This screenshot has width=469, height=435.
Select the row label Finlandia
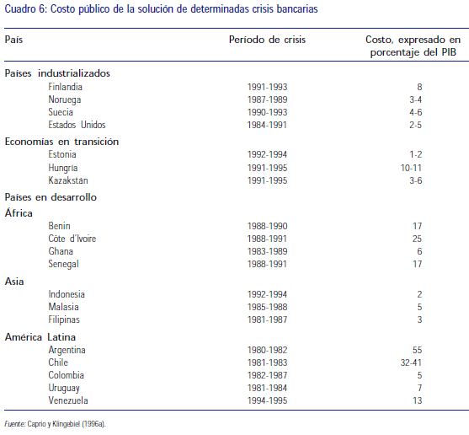tap(66, 87)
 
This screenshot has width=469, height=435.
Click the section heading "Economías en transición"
tap(61, 142)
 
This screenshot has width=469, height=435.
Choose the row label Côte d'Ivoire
tap(72, 239)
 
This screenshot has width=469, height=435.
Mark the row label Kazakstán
tap(68, 181)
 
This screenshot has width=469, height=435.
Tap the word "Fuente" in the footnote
tap(14, 424)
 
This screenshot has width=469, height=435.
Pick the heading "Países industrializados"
tap(57, 72)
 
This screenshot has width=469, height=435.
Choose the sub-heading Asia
tap(14, 281)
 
